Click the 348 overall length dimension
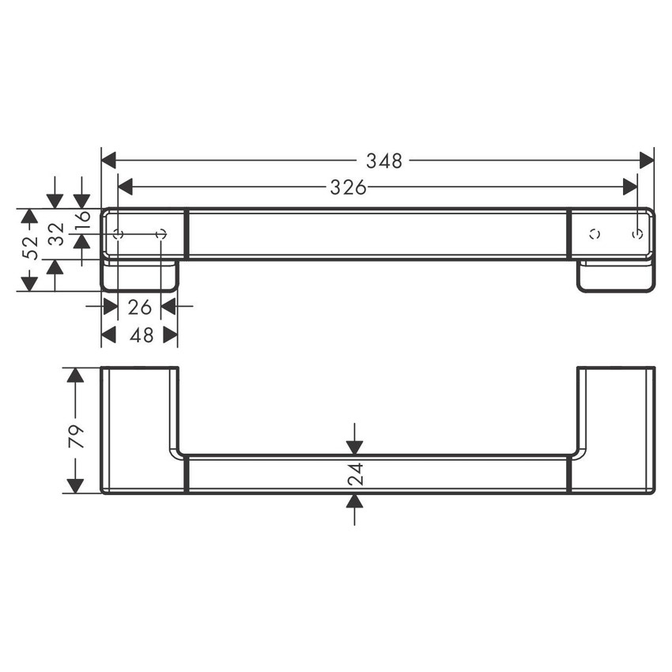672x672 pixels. pyautogui.click(x=384, y=161)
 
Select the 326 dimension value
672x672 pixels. pyautogui.click(x=349, y=187)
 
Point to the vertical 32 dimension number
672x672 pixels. pyautogui.click(x=56, y=234)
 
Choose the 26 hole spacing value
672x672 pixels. pyautogui.click(x=139, y=306)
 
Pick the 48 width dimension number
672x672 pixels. pyautogui.click(x=141, y=335)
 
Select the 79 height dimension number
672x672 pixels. pyautogui.click(x=76, y=436)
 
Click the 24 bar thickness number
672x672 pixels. pyautogui.click(x=355, y=474)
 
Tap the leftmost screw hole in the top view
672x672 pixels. pyautogui.click(x=119, y=234)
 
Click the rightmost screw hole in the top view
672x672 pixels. pyautogui.click(x=637, y=234)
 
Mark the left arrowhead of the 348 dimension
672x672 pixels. pyautogui.click(x=109, y=160)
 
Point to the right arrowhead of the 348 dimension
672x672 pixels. pyautogui.click(x=647, y=160)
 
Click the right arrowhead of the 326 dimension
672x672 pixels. pyautogui.click(x=630, y=187)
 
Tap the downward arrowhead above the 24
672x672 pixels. pyautogui.click(x=354, y=447)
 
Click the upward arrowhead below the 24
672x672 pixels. pyautogui.click(x=354, y=501)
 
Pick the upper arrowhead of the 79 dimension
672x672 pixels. pyautogui.click(x=75, y=375)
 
